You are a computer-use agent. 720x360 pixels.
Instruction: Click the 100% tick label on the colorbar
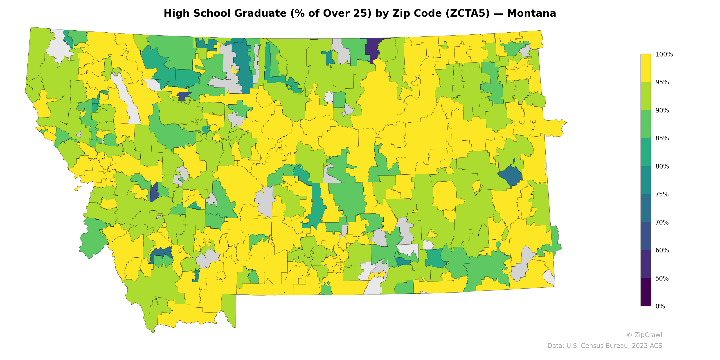664,54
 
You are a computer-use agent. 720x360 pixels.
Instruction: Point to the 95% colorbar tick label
662,82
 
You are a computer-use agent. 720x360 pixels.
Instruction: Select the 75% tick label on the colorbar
662,194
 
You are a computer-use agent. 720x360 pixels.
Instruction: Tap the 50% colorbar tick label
662,278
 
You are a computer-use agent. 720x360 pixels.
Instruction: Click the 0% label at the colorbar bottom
660,306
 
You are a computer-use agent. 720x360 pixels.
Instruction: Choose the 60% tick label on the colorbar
662,250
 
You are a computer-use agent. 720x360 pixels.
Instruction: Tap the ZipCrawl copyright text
644,335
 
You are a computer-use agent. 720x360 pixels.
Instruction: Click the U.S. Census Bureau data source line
605,346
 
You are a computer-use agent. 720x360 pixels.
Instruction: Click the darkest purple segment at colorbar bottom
646,292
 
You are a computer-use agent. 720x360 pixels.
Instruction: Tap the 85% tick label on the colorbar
662,138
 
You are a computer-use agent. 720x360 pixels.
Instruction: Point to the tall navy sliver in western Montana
154,191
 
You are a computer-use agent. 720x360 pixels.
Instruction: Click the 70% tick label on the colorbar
662,222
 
